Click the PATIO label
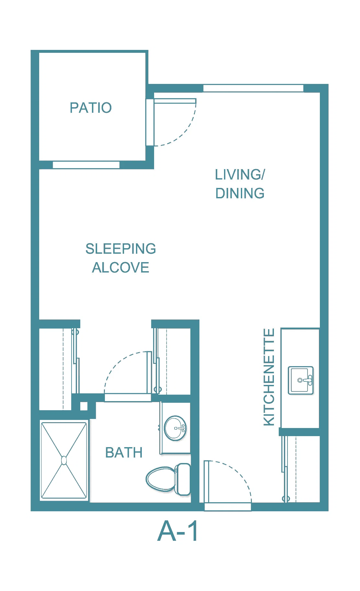91,108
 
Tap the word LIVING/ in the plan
240,175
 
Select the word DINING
240,193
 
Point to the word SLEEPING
121,249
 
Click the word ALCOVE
121,268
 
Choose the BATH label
124,453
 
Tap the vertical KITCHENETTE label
269,377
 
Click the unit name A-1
178,531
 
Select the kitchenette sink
301,380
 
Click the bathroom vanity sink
175,428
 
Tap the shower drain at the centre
64,460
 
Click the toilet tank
183,479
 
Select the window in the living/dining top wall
253,88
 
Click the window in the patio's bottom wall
86,165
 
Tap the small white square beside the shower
84,406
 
